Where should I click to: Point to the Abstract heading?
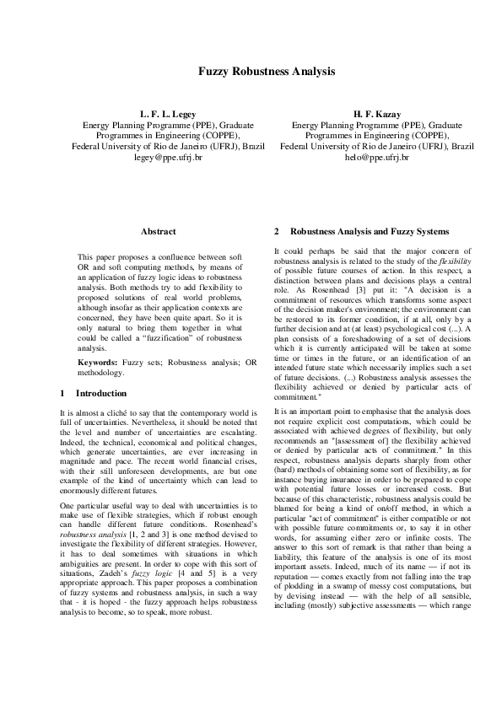point(158,231)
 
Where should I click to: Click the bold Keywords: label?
point(97,362)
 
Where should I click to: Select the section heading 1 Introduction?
point(94,393)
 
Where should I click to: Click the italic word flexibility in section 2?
point(455,260)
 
